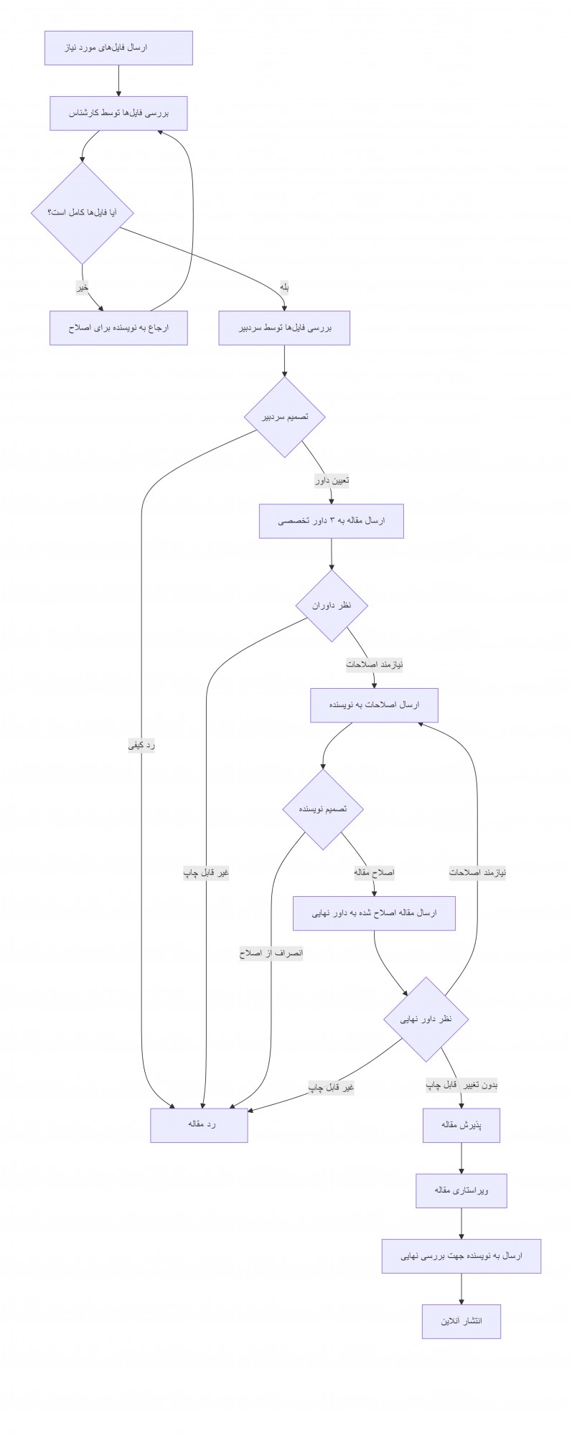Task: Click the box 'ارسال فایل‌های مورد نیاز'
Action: [118, 48]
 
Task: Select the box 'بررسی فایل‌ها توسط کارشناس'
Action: [118, 113]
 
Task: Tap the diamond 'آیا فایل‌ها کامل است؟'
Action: [83, 213]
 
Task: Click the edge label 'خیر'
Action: [83, 288]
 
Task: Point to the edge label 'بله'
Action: [284, 288]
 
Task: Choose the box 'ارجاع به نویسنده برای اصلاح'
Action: [118, 328]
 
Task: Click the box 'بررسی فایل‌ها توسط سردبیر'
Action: [284, 328]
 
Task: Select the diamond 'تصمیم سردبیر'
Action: [284, 417]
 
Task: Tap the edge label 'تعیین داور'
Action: [332, 481]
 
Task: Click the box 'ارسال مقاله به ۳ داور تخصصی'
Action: [332, 521]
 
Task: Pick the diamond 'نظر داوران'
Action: [332, 606]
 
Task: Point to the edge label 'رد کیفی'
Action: [142, 745]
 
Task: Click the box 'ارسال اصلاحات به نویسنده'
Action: [374, 705]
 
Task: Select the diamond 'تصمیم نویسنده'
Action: [323, 809]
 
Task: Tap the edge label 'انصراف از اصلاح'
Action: [271, 954]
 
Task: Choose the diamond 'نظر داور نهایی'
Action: [426, 1019]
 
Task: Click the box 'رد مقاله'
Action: [199, 1125]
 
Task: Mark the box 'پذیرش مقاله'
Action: [461, 1125]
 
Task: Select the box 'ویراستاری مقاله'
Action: [461, 1191]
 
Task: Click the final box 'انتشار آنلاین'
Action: [461, 1322]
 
